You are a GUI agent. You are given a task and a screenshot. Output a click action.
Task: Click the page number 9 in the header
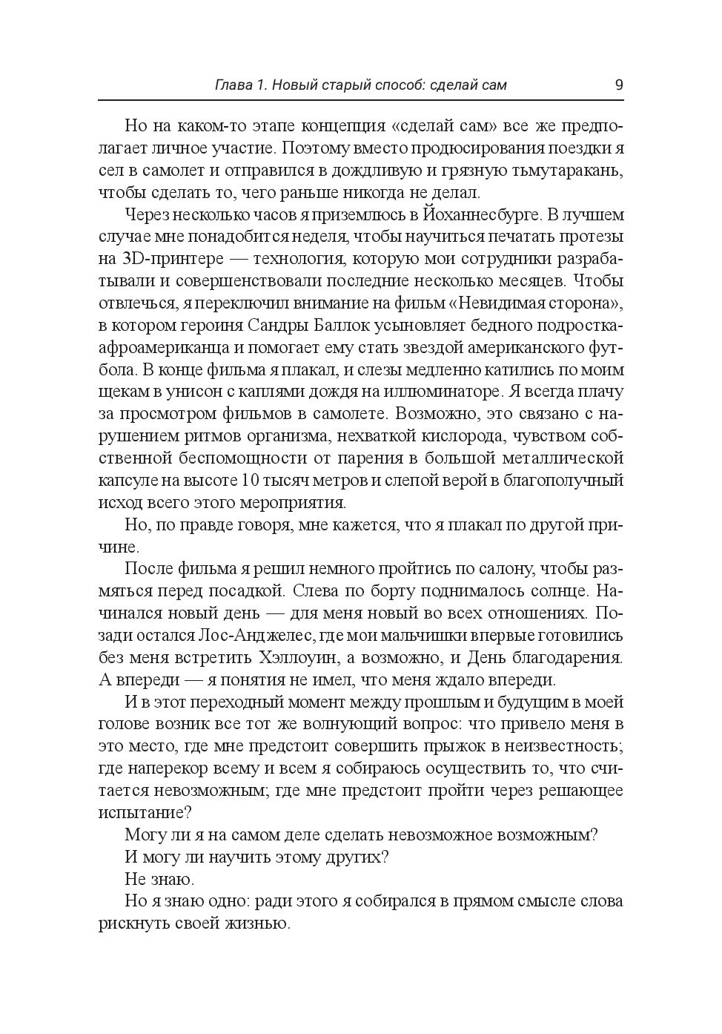tap(619, 84)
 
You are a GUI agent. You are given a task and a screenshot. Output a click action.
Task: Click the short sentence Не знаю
tap(159, 879)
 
